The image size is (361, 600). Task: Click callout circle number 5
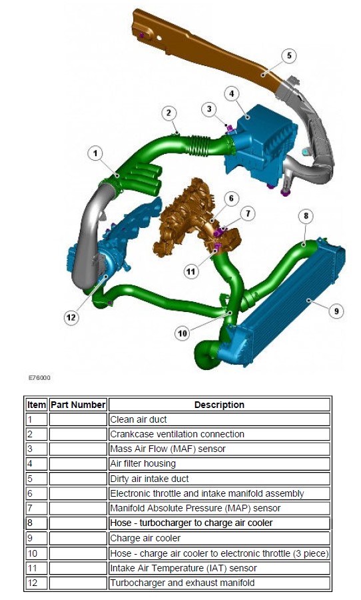tap(288, 56)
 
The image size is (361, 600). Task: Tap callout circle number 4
tap(231, 94)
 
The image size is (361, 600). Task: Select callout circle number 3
tap(208, 109)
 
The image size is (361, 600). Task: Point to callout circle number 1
tap(95, 154)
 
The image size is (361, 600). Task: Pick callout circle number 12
tap(71, 317)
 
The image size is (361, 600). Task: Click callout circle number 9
tap(336, 311)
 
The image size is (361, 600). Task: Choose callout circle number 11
tap(190, 272)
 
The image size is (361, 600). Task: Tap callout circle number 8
tap(306, 216)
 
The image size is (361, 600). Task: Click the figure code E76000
tap(39, 378)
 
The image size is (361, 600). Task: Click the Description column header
tap(219, 405)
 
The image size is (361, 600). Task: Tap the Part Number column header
tap(78, 405)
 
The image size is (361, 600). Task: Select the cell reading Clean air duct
tap(219, 419)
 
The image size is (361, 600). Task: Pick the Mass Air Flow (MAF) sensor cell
tap(219, 449)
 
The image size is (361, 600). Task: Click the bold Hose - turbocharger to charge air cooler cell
tap(219, 523)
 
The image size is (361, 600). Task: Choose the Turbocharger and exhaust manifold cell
tap(219, 583)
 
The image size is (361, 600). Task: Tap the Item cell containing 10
tap(37, 553)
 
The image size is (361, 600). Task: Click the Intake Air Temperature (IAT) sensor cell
tap(219, 568)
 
